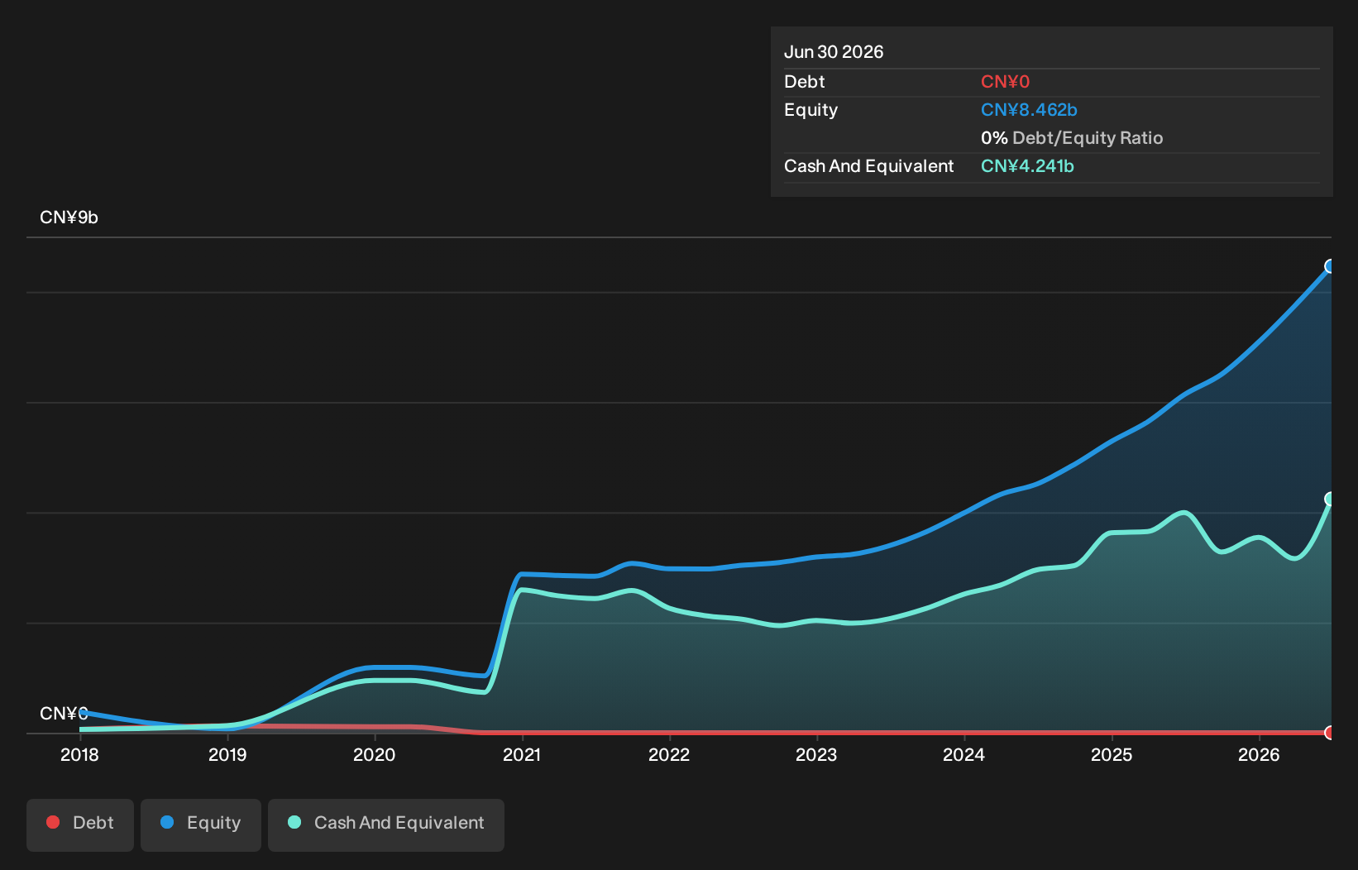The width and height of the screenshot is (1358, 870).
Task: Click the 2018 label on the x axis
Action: click(79, 755)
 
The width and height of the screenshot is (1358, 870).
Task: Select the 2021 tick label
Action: click(522, 755)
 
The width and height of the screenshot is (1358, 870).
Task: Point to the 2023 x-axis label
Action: click(816, 755)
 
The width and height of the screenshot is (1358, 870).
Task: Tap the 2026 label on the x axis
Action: click(1260, 755)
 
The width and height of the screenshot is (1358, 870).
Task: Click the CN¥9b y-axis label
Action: click(69, 217)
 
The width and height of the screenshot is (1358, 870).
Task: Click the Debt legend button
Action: click(80, 825)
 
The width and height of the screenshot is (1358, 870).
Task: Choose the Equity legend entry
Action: click(201, 825)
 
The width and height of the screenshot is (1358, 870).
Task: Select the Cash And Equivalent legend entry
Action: click(386, 825)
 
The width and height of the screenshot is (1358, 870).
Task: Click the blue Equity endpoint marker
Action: click(1330, 266)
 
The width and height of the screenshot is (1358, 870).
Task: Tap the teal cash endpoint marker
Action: click(1330, 499)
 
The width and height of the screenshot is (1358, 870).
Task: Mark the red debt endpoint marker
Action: click(1330, 733)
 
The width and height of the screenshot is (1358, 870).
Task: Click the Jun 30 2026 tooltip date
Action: click(834, 52)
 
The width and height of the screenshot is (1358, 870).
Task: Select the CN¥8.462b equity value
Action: click(1029, 110)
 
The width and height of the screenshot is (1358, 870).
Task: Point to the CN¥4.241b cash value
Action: click(1027, 166)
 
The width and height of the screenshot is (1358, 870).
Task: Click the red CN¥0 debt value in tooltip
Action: click(1005, 82)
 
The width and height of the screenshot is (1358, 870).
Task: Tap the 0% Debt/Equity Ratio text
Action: click(1072, 138)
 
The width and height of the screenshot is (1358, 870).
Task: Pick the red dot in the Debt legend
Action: click(53, 822)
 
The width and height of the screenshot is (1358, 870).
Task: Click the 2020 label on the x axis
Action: click(374, 755)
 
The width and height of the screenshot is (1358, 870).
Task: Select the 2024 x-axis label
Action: click(964, 755)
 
